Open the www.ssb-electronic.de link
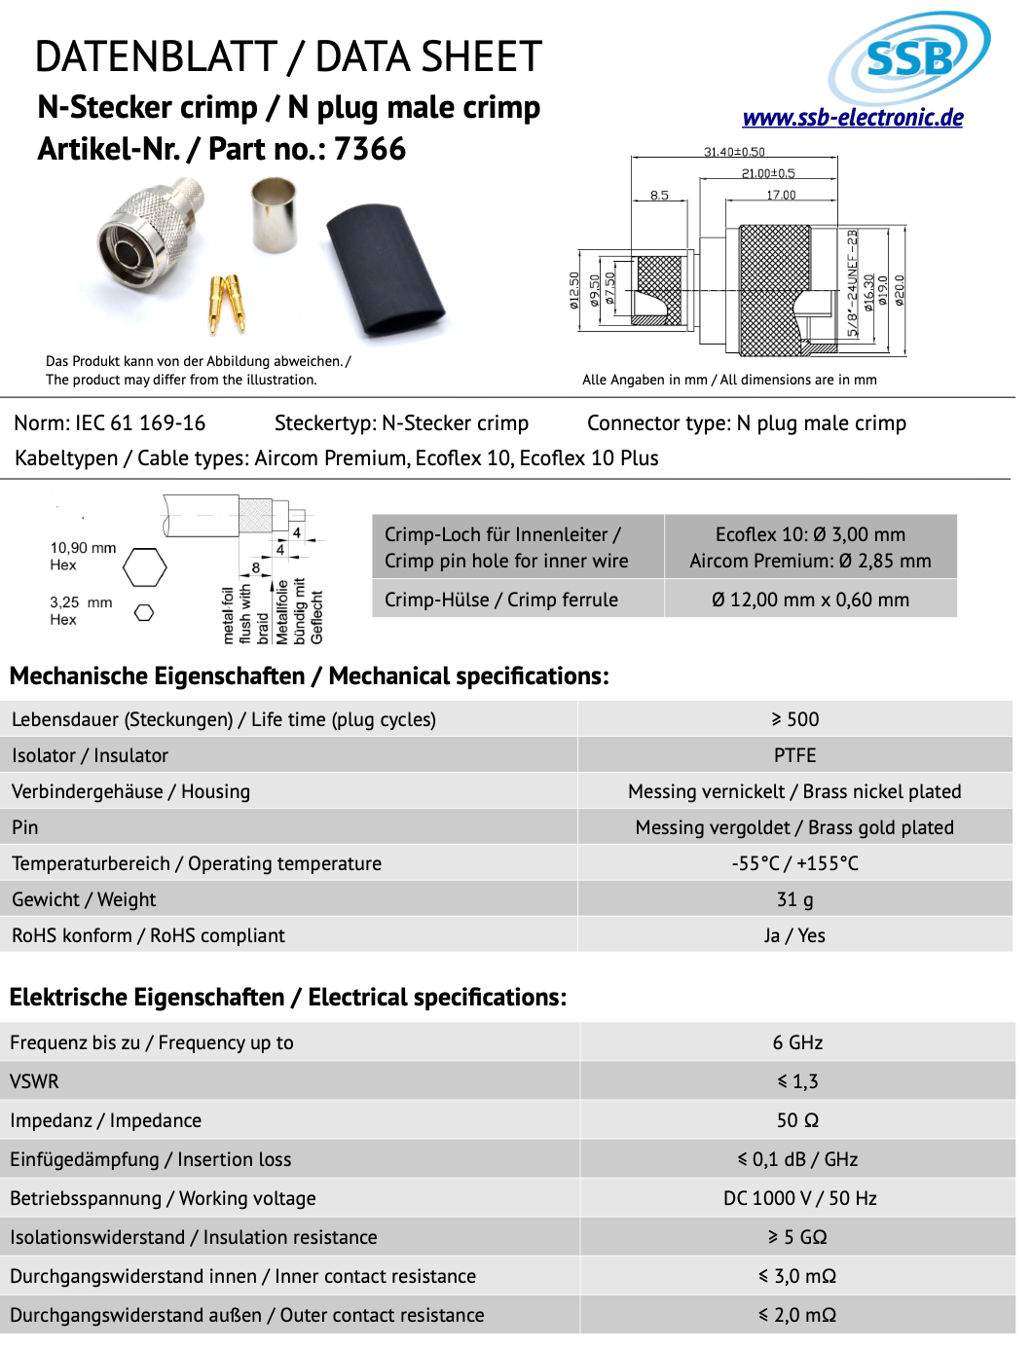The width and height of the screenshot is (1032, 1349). (x=852, y=118)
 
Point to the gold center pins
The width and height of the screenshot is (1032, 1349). (x=227, y=303)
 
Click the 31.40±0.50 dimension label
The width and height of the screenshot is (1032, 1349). (x=734, y=152)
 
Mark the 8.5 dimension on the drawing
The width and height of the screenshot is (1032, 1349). (x=659, y=196)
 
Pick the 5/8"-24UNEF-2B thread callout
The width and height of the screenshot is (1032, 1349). (x=853, y=283)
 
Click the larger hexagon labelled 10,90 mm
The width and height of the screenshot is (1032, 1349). (x=144, y=566)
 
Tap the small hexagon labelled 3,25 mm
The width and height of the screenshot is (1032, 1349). (x=144, y=612)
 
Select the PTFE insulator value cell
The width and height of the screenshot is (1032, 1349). (x=794, y=755)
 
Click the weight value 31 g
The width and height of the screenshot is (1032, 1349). (x=794, y=899)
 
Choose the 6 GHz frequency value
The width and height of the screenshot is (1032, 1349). (x=797, y=1042)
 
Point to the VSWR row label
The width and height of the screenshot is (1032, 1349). (x=35, y=1081)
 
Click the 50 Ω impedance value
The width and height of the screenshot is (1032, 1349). (x=797, y=1120)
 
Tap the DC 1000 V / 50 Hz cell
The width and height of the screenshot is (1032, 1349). (x=799, y=1198)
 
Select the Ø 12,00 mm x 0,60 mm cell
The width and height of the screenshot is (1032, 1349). (x=810, y=600)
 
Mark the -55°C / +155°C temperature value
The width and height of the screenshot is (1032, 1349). (x=794, y=863)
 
